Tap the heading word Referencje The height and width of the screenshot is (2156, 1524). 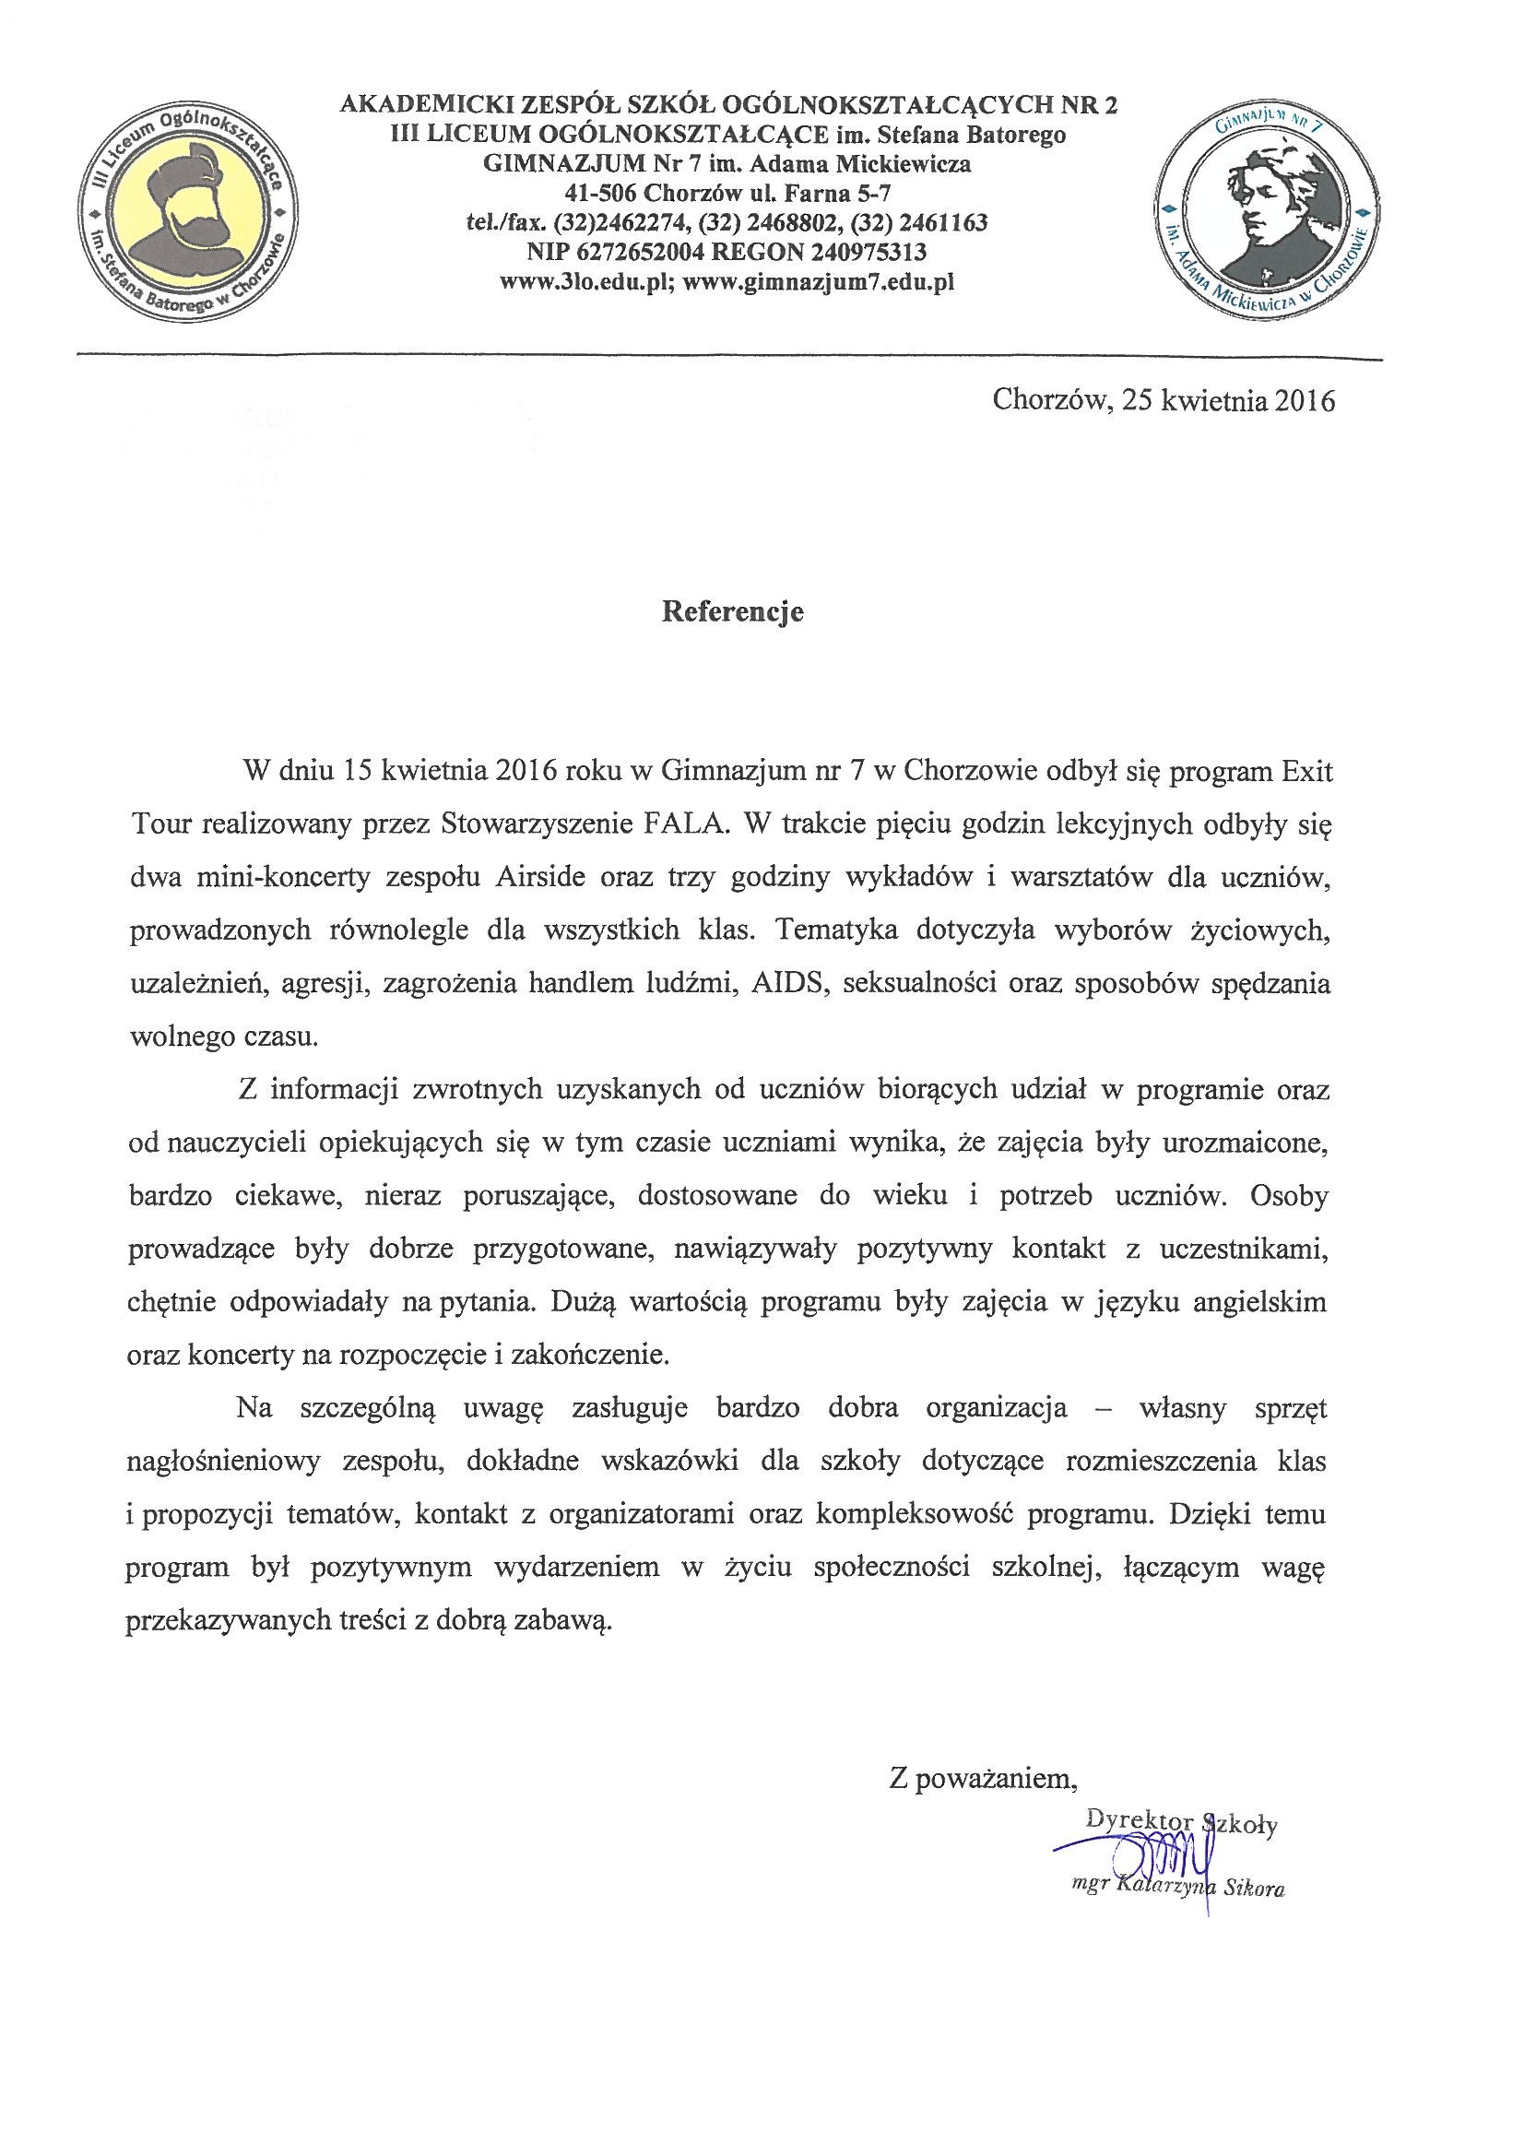pyautogui.click(x=732, y=612)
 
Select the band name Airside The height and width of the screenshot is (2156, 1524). pyautogui.click(x=532, y=878)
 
